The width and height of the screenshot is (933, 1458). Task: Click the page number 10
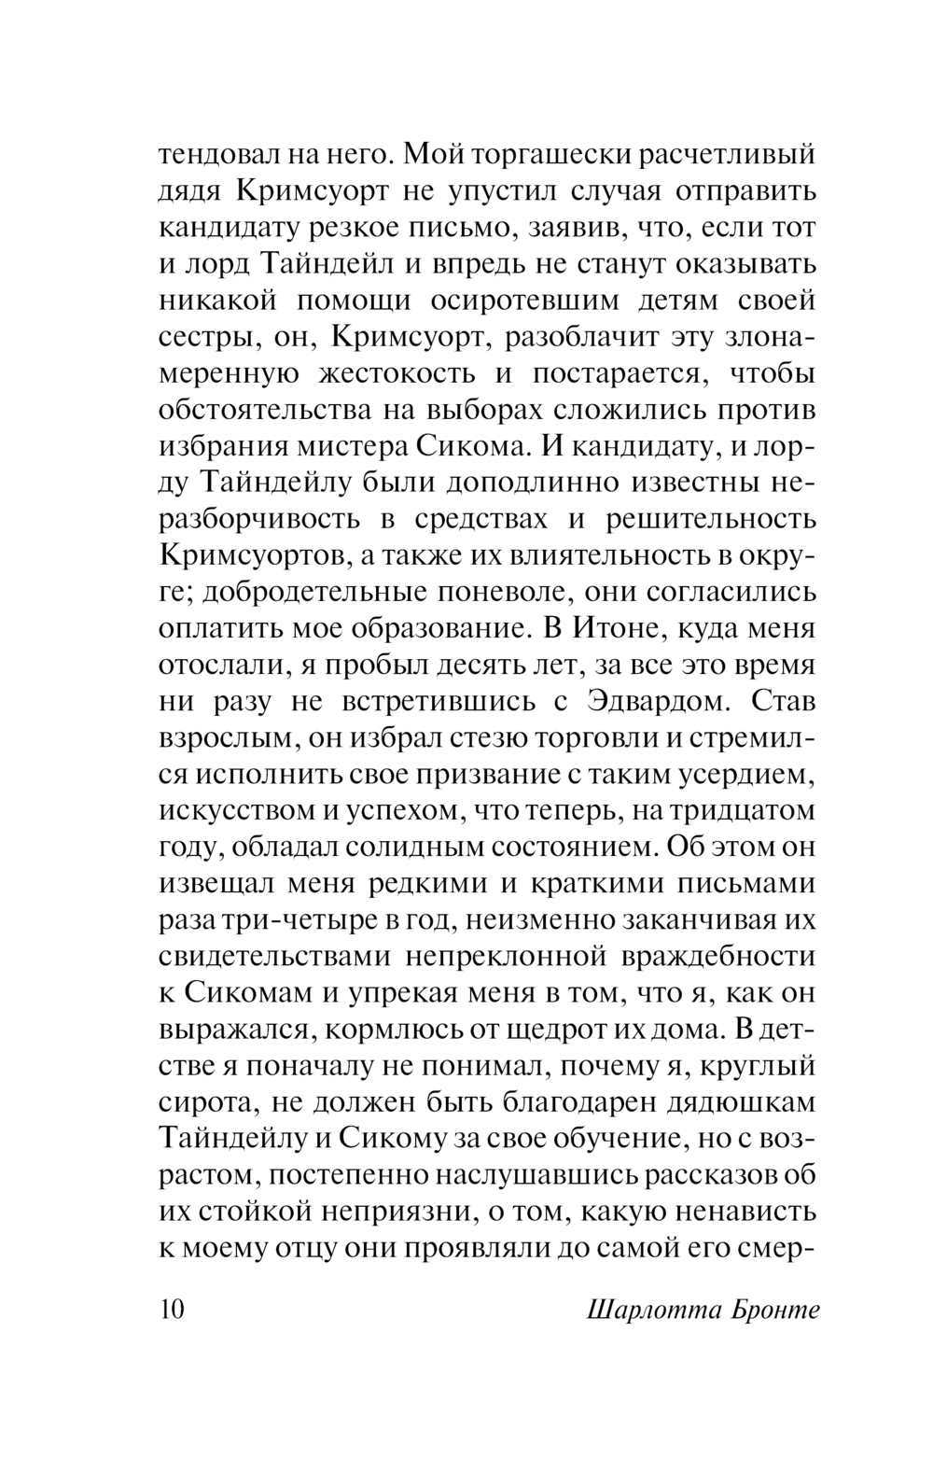[x=173, y=1309]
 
